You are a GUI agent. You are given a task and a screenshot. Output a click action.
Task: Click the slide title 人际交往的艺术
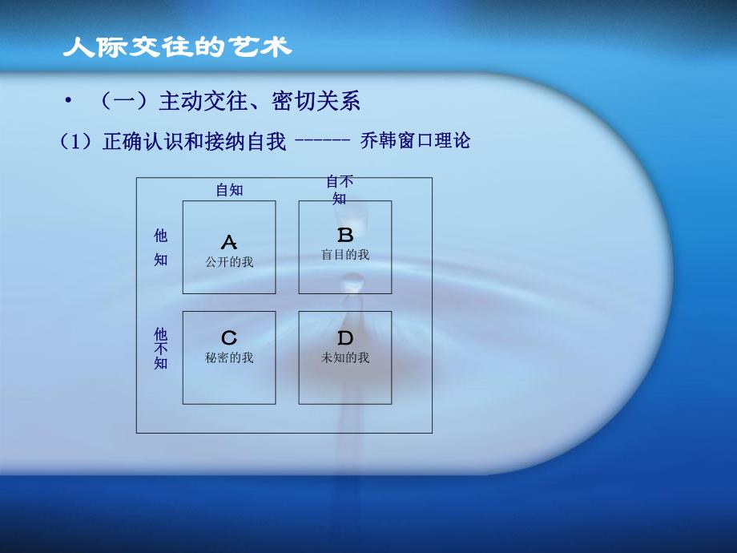coord(177,47)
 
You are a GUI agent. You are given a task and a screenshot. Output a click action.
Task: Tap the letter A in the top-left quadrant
coord(229,242)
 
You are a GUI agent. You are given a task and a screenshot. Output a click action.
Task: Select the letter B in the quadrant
coord(345,236)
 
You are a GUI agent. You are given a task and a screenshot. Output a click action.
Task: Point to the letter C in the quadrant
coord(229,338)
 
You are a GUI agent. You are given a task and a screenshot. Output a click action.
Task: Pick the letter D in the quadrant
coord(345,338)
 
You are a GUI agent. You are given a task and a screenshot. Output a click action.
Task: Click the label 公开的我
coord(229,261)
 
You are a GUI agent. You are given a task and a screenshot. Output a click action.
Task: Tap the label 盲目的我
coord(345,254)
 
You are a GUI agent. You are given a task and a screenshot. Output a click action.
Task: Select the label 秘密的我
coord(229,357)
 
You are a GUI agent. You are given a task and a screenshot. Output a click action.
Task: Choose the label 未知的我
coord(345,357)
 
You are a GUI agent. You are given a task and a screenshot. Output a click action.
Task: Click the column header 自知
coord(229,190)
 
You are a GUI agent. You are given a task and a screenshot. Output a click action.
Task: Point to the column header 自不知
coord(340,190)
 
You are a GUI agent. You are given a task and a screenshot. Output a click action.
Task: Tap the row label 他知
coord(161,247)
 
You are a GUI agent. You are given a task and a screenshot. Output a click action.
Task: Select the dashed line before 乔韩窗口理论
coord(322,141)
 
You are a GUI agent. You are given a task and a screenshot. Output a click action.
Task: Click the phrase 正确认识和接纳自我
coord(194,143)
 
